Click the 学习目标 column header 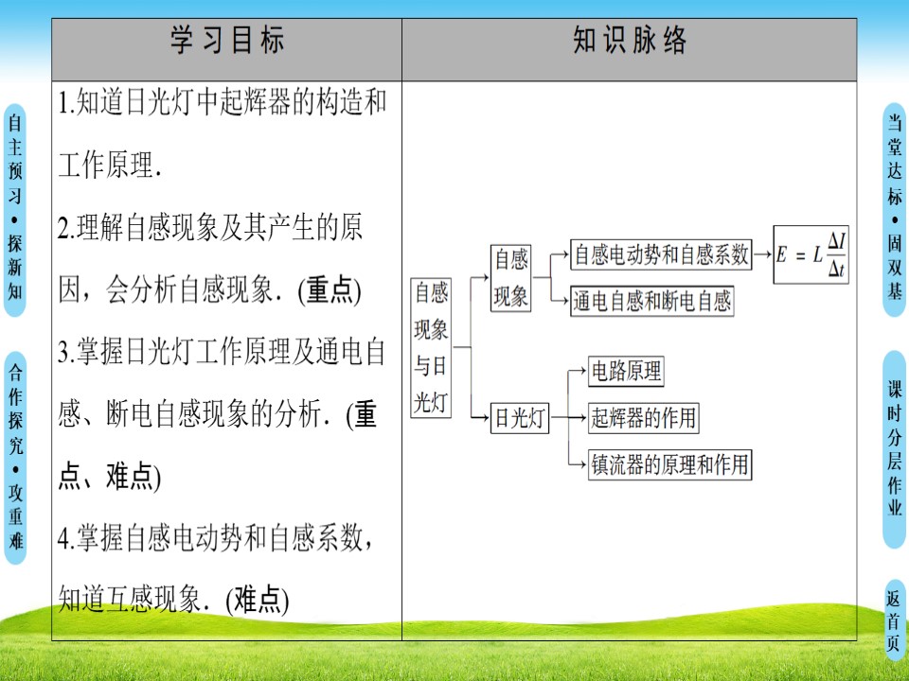point(226,43)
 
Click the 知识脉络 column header point(630,43)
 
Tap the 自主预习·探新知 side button point(15,208)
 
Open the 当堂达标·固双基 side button point(895,208)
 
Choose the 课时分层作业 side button point(895,449)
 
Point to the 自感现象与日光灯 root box point(431,347)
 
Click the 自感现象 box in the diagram point(510,278)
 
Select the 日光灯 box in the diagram point(519,419)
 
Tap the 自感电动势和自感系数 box point(662,253)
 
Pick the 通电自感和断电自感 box point(652,301)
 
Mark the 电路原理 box point(625,371)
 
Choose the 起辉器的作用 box point(643,416)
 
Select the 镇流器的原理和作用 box point(669,464)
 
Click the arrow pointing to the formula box point(763,254)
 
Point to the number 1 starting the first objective point(62,105)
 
